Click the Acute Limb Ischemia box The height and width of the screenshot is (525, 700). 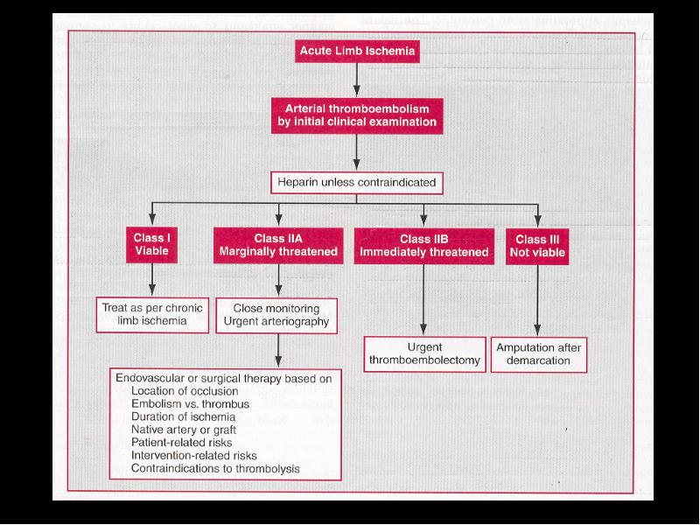pyautogui.click(x=357, y=51)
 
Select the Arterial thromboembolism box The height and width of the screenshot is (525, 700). pyautogui.click(x=357, y=115)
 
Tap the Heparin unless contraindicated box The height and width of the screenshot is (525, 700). pyautogui.click(x=357, y=183)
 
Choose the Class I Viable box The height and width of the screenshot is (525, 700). pyautogui.click(x=151, y=245)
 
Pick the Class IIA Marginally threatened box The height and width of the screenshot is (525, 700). pyautogui.click(x=278, y=245)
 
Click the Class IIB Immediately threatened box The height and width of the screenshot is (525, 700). pyautogui.click(x=424, y=246)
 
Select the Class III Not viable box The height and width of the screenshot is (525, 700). pyautogui.click(x=537, y=247)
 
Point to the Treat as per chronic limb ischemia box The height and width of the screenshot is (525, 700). pyautogui.click(x=152, y=315)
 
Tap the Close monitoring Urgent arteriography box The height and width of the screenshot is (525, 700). pyautogui.click(x=276, y=316)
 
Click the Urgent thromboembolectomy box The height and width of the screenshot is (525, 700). pyautogui.click(x=424, y=354)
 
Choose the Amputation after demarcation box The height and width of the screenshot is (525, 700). pyautogui.click(x=538, y=354)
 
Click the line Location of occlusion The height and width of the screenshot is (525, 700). pyautogui.click(x=185, y=391)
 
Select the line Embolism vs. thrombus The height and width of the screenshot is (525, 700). pyautogui.click(x=190, y=404)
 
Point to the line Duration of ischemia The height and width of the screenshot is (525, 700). pyautogui.click(x=183, y=417)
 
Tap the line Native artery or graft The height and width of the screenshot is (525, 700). pyautogui.click(x=184, y=430)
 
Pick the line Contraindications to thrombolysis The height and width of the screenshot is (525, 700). pyautogui.click(x=215, y=469)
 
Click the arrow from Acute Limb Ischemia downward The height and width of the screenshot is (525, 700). pyautogui.click(x=357, y=80)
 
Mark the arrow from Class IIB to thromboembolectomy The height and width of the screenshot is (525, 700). pyautogui.click(x=423, y=299)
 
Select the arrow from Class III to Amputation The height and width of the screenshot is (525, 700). pyautogui.click(x=537, y=300)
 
